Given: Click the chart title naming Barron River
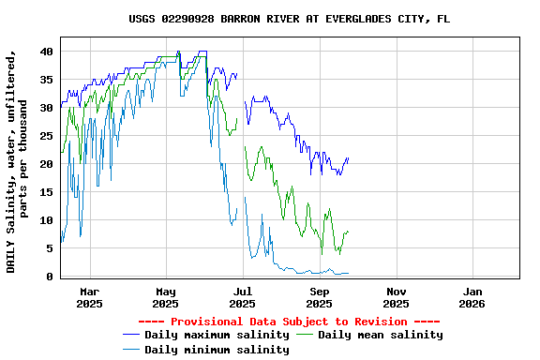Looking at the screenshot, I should click(289, 19).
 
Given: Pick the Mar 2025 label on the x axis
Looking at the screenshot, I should click(89, 296).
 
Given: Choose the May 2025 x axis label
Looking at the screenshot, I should click(166, 296).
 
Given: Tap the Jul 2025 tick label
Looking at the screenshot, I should click(242, 296).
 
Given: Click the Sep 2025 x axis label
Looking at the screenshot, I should click(319, 296).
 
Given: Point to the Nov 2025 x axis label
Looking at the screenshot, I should click(396, 296).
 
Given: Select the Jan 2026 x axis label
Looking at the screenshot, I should click(472, 296).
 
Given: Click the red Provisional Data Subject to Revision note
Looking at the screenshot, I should click(289, 322).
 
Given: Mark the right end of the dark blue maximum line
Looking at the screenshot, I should click(348, 158).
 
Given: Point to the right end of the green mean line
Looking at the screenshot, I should click(348, 232).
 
